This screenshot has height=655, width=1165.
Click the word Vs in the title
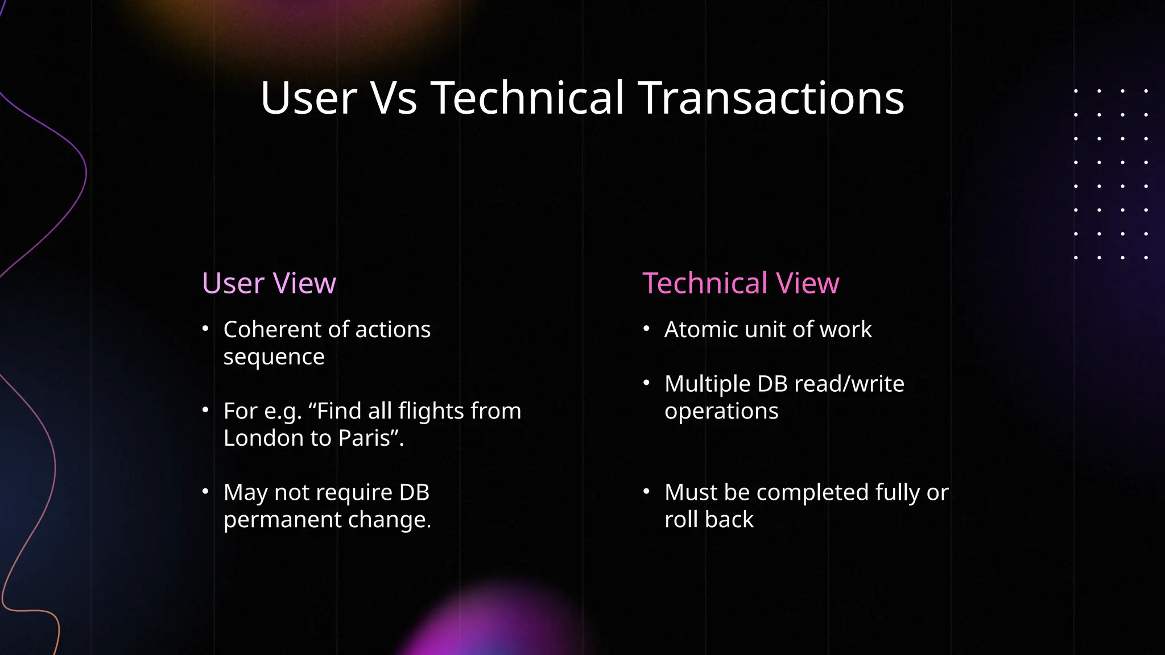[x=394, y=98]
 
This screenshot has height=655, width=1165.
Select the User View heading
[x=269, y=283]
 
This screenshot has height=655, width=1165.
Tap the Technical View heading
[x=741, y=283]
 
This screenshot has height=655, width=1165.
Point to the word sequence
[x=274, y=356]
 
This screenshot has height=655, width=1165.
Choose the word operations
[x=721, y=411]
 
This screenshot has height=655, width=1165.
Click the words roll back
[x=709, y=520]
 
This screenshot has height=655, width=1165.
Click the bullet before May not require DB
[x=205, y=491]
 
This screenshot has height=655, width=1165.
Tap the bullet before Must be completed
[x=646, y=491]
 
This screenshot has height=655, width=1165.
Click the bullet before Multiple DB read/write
[x=646, y=383]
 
